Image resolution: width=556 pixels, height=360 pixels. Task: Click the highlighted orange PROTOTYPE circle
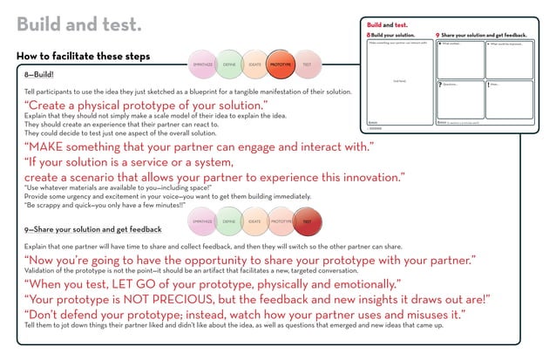pos(281,65)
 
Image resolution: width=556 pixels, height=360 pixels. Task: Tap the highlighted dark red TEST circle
pos(307,221)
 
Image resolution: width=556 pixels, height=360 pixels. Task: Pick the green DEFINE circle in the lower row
pos(228,221)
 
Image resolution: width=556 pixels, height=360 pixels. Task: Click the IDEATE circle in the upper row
pos(254,65)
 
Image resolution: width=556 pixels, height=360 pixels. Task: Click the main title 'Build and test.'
pos(79,24)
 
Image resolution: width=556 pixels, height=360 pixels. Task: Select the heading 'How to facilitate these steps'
pos(83,57)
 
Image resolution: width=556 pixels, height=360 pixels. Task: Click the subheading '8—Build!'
pos(39,75)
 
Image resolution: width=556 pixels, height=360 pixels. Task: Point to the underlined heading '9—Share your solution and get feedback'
pos(93,229)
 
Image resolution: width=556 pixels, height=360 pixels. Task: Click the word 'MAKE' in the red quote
pos(53,146)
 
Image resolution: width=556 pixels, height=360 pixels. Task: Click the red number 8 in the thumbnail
pos(369,34)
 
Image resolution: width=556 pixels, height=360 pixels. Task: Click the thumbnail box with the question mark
pos(458,101)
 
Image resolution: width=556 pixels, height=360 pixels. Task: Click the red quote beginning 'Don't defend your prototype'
pos(244,314)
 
